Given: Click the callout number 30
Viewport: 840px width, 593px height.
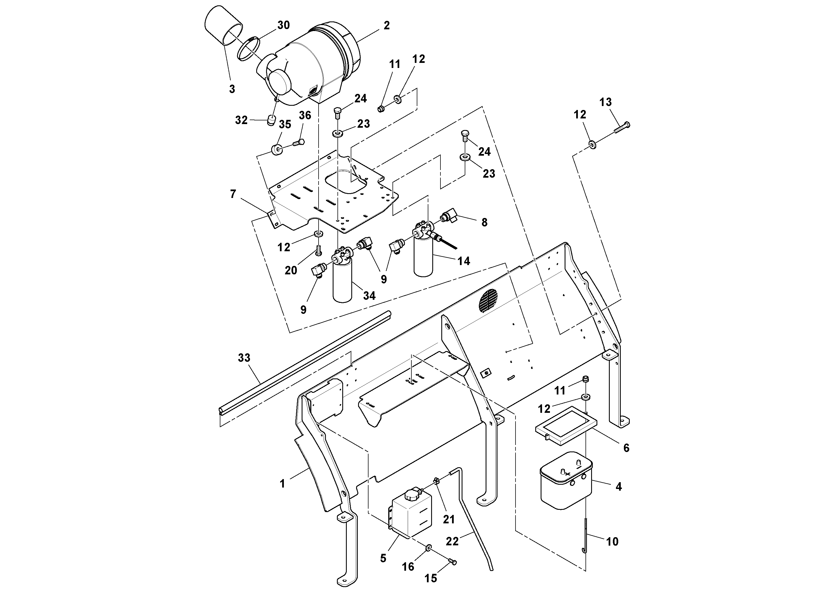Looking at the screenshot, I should (x=283, y=25).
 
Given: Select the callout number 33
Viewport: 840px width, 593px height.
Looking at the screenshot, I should (x=244, y=358).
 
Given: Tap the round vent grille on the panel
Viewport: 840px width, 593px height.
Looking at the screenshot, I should (x=488, y=301).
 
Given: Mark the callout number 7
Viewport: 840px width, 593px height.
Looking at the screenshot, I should (x=233, y=194).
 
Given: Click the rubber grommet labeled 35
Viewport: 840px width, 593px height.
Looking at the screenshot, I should (x=276, y=150).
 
